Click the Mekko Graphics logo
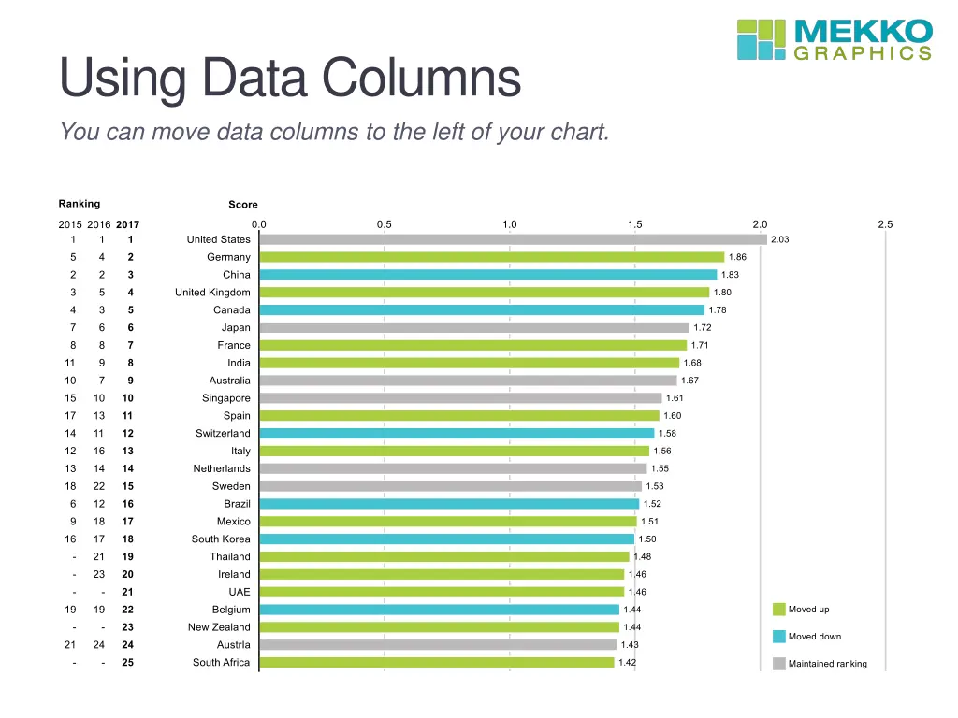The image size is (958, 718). coord(835,39)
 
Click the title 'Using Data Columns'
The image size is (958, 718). coord(290,79)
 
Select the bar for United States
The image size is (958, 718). coord(513,239)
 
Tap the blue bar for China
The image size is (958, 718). coord(487,275)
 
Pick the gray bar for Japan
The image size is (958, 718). coord(473,328)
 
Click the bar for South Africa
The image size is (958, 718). coord(436,662)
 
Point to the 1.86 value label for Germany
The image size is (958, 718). coord(737,257)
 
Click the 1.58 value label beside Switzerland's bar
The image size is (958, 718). coord(667,434)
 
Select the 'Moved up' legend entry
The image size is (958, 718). coord(808,610)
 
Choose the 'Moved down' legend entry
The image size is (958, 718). coord(814,637)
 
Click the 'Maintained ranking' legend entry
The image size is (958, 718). coord(827,664)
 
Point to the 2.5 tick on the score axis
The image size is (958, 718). coord(885,224)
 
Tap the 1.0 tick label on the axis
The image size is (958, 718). coord(509,224)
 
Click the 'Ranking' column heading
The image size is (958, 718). coord(80,204)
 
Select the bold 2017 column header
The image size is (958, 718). coord(127,224)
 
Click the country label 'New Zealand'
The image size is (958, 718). coord(219,627)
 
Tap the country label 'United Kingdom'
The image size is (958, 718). coord(212,293)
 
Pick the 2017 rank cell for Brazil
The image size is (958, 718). coord(128,504)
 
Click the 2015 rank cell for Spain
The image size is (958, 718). coord(70,416)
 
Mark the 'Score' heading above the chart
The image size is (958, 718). coord(243,205)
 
